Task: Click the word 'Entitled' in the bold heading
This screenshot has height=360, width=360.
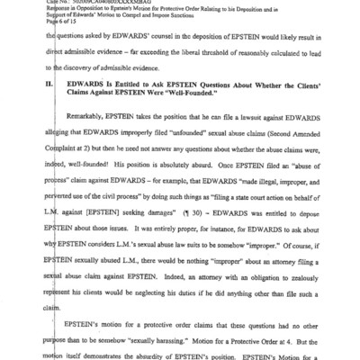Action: click(121, 109)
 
